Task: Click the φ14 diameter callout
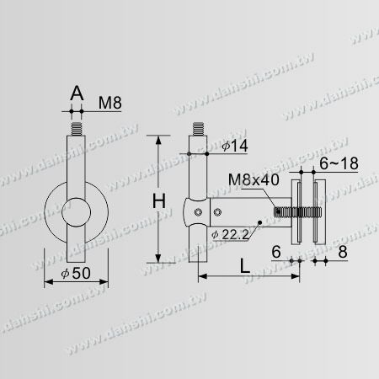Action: [236, 147]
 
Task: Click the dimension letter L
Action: [243, 267]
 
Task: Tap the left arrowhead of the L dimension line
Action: [200, 277]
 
